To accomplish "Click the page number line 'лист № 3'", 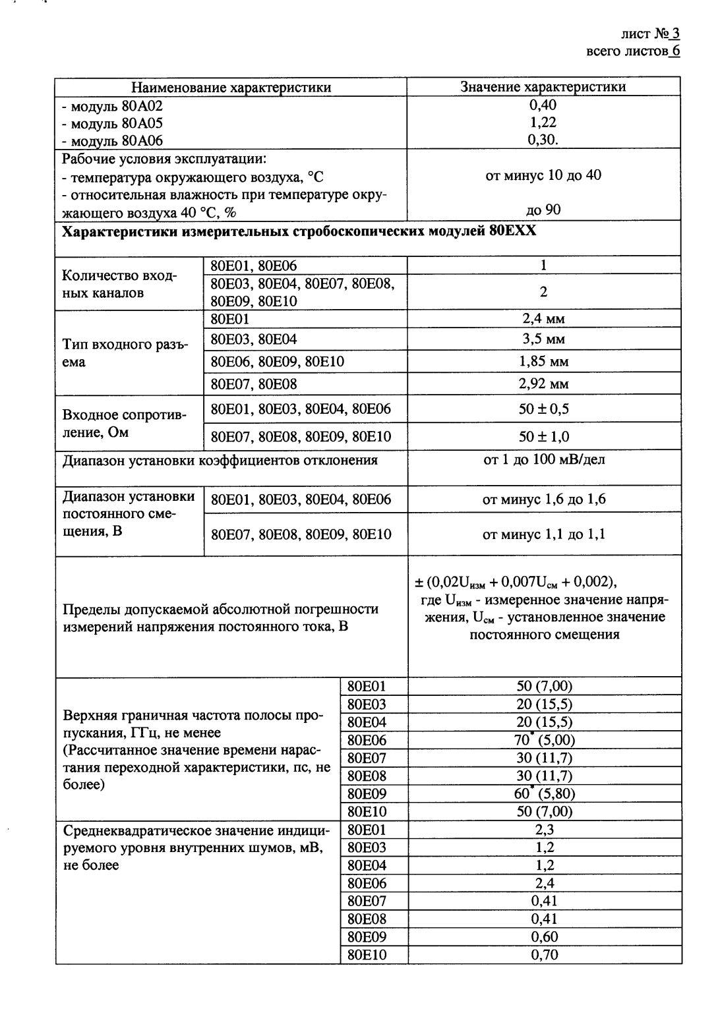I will click(x=649, y=34).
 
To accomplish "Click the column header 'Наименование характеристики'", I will click(x=231, y=87).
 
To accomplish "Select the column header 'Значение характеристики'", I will click(x=543, y=87).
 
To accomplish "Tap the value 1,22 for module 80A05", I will click(x=543, y=123).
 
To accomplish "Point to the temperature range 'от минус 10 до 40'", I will click(x=543, y=176).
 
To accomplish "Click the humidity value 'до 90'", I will click(x=543, y=210).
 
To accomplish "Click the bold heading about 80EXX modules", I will click(x=299, y=231).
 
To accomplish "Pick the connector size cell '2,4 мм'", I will click(x=543, y=319).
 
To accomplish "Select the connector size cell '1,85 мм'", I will click(x=543, y=362).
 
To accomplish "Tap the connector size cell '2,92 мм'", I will click(x=543, y=384).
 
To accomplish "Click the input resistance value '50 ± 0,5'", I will click(x=543, y=409).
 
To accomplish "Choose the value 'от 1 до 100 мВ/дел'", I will click(x=543, y=460).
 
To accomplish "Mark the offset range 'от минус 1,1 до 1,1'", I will click(x=543, y=534).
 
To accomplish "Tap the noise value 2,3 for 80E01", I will click(x=544, y=830).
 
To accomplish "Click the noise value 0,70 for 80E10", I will click(x=544, y=954).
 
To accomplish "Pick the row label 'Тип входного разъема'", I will click(x=125, y=354).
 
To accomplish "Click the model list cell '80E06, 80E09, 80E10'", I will click(x=278, y=362).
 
